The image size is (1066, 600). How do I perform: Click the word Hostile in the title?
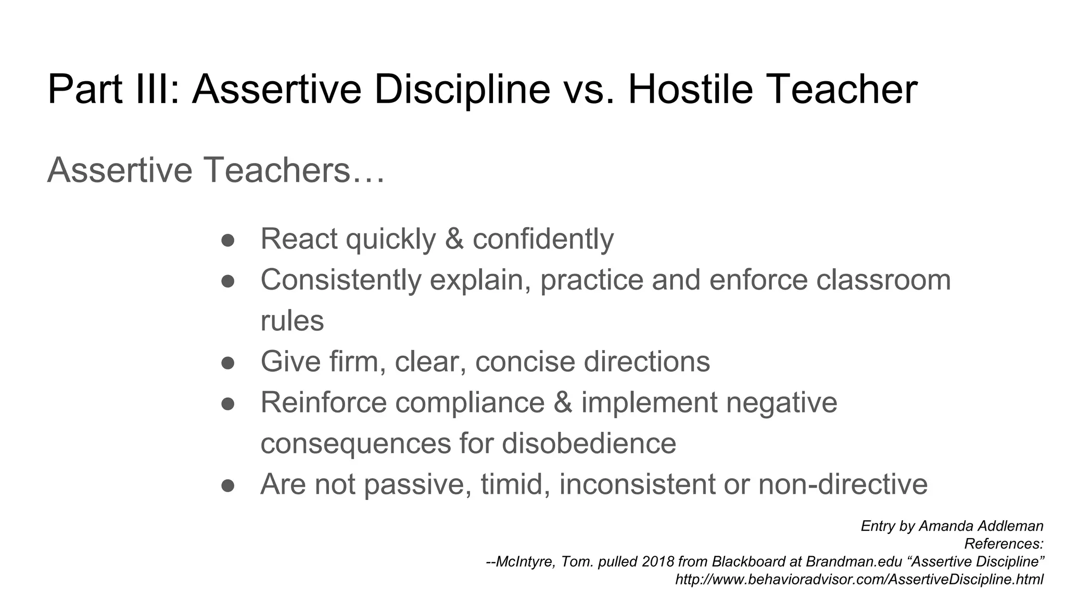point(690,89)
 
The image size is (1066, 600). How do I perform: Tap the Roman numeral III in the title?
point(152,89)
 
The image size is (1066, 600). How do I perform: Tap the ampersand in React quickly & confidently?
point(454,239)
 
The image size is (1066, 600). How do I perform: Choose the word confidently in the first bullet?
point(543,239)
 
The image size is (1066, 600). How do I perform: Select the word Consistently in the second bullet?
point(340,280)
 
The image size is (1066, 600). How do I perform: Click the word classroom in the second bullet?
point(883,280)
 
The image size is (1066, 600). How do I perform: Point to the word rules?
point(292,321)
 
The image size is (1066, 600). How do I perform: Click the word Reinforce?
point(323,403)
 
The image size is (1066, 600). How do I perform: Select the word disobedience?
point(589,443)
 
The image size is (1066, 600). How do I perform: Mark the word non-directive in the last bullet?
point(843,484)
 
